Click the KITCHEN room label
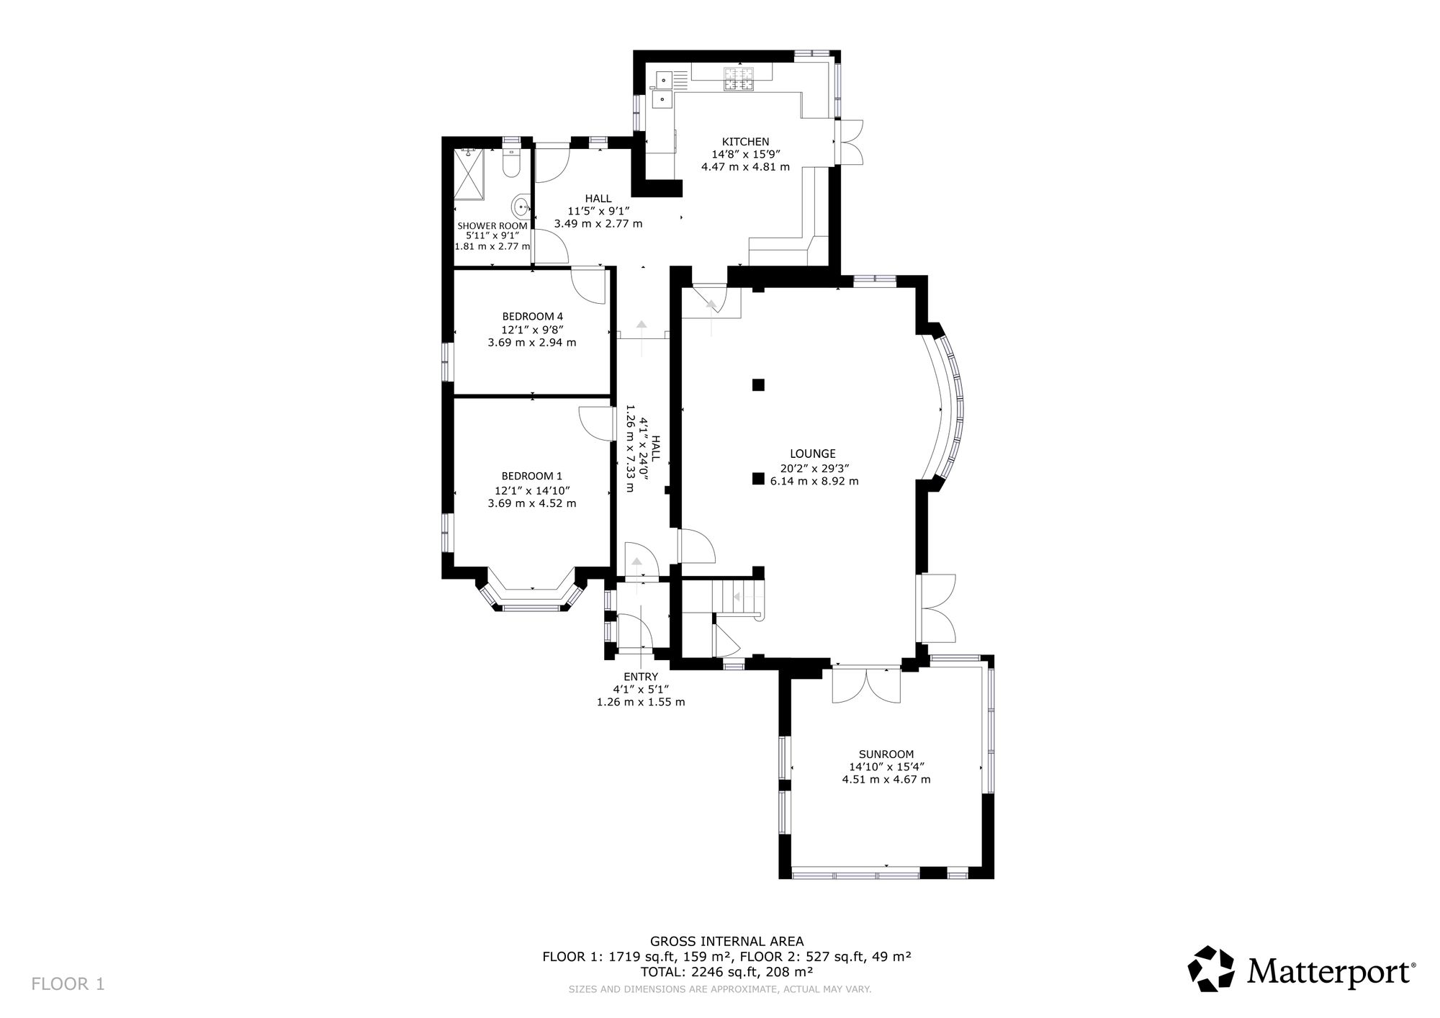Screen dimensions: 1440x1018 click(746, 142)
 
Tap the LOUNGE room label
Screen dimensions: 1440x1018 click(813, 454)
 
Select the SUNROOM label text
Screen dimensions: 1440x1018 click(886, 755)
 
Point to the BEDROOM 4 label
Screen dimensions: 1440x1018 click(532, 316)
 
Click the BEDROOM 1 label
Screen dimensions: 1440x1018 click(532, 476)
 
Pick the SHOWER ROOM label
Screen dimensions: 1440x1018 click(492, 226)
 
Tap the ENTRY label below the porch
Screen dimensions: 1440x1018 click(641, 677)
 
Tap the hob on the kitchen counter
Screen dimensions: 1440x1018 click(739, 79)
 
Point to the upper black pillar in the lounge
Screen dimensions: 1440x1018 click(757, 384)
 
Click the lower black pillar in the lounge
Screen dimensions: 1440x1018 click(757, 478)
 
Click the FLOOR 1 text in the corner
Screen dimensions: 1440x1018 click(68, 984)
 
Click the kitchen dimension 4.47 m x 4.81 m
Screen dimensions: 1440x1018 click(745, 167)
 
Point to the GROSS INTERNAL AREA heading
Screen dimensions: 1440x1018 click(727, 941)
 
